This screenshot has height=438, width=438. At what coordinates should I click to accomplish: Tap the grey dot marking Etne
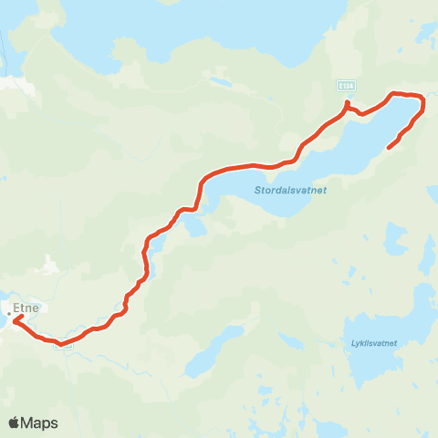coord(9,315)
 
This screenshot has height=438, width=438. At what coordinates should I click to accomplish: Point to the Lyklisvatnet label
coord(373,344)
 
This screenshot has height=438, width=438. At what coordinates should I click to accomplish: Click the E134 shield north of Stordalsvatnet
coord(344,85)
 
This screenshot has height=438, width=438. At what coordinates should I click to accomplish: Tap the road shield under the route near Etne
coord(63,345)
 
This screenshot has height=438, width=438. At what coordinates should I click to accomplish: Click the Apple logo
coord(15,422)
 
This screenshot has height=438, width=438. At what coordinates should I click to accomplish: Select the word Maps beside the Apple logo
coord(41,422)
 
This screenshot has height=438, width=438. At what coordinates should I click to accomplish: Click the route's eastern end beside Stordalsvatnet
coord(390,146)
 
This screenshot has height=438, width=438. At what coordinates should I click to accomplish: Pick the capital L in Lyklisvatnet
coord(353,344)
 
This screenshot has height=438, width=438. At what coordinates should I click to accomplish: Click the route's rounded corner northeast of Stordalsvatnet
coord(422,99)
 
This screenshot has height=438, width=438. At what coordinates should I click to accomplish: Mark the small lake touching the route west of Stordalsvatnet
coord(195,222)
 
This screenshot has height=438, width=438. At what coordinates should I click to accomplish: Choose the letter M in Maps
coord(30,422)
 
